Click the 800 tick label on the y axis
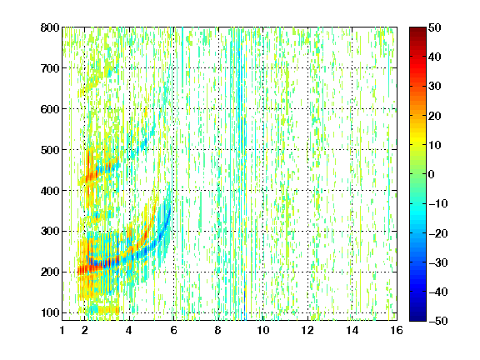(x=50, y=27)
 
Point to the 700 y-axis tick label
(x=50, y=68)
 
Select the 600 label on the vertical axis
(x=50, y=109)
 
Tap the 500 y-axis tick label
(x=50, y=150)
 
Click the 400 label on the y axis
(x=50, y=191)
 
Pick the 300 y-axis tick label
(x=50, y=231)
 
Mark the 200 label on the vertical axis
(x=50, y=272)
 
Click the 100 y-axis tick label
(x=50, y=312)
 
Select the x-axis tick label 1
(x=62, y=330)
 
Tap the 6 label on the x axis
(x=173, y=330)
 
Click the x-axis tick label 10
(x=263, y=330)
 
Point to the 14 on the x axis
(x=352, y=330)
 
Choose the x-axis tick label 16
(x=397, y=330)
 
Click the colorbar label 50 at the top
(x=434, y=27)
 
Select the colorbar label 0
(x=432, y=174)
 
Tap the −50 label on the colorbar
(x=438, y=321)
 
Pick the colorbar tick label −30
(x=438, y=262)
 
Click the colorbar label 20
(x=434, y=116)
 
